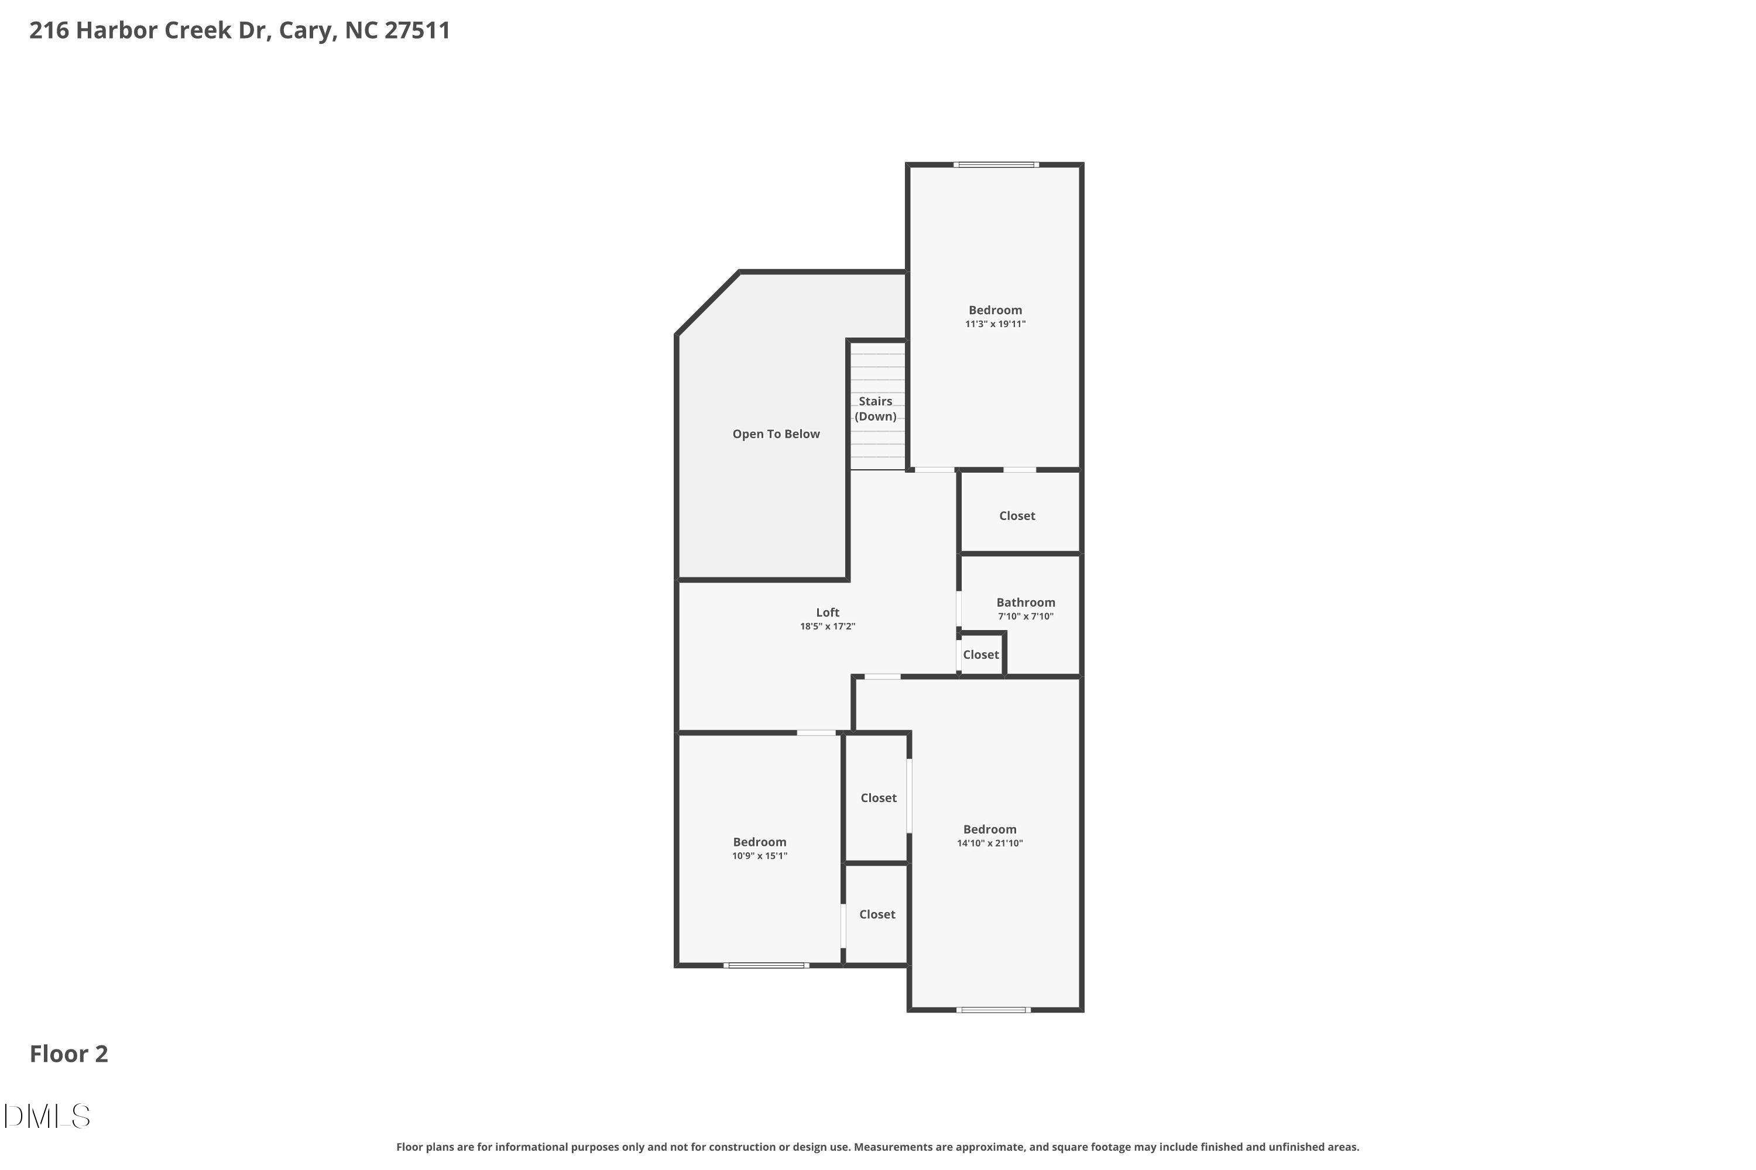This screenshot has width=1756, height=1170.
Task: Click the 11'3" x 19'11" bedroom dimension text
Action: pyautogui.click(x=994, y=324)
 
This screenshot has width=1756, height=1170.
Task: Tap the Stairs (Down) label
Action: pyautogui.click(x=875, y=409)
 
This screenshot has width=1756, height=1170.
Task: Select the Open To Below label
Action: pyautogui.click(x=776, y=434)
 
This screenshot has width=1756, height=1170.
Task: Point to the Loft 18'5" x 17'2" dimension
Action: pyautogui.click(x=827, y=627)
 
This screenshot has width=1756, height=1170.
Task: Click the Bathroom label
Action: pyautogui.click(x=1025, y=602)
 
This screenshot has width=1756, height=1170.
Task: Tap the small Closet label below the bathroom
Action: pyautogui.click(x=980, y=655)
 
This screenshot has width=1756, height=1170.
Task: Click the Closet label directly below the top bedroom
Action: pyautogui.click(x=1017, y=515)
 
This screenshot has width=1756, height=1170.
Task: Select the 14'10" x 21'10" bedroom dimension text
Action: pyautogui.click(x=989, y=843)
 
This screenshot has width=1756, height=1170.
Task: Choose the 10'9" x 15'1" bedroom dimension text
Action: pyautogui.click(x=759, y=856)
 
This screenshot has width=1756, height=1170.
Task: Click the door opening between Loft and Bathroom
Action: pyautogui.click(x=959, y=609)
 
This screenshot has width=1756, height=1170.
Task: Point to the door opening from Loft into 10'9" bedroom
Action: pyautogui.click(x=816, y=733)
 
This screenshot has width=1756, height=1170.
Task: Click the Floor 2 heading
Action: pyautogui.click(x=68, y=1054)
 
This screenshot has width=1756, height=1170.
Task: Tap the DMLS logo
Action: pyautogui.click(x=46, y=1116)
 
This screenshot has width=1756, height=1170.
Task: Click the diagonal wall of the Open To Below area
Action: pyautogui.click(x=708, y=304)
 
